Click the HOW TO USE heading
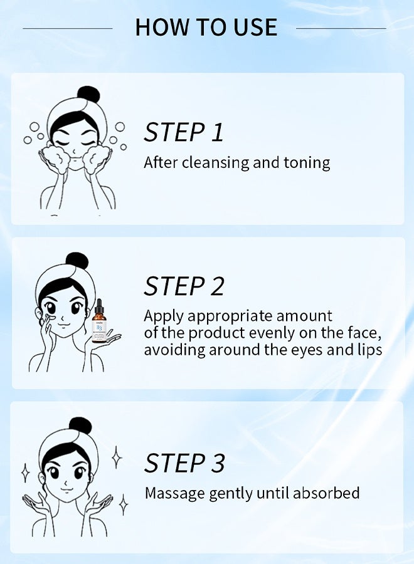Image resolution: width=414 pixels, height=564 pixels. point(206,28)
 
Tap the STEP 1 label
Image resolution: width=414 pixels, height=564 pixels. point(184,132)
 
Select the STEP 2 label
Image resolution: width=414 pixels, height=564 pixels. point(184,286)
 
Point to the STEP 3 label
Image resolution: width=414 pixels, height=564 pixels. point(184,463)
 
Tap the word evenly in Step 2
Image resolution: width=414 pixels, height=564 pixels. point(293,333)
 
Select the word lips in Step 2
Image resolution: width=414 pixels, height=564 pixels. point(369,350)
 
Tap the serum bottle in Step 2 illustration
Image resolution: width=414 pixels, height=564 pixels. point(98,323)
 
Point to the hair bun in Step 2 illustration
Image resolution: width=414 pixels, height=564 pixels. point(77,261)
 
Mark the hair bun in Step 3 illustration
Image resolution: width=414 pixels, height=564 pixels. point(80,426)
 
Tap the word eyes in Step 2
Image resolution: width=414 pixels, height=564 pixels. point(304,350)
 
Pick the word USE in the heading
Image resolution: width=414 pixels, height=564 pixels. point(253,28)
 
